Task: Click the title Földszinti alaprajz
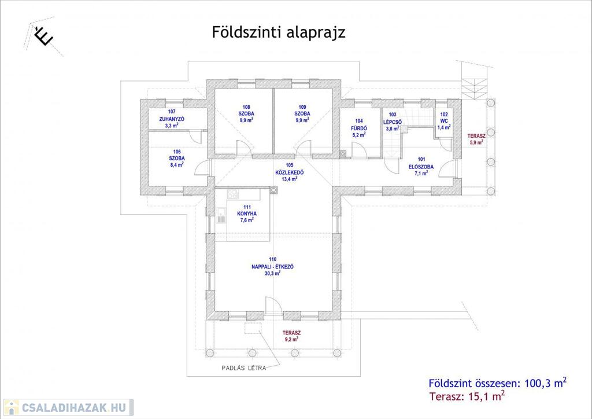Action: (x=279, y=32)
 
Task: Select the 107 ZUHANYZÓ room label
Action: (x=171, y=118)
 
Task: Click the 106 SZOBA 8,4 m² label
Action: (x=176, y=158)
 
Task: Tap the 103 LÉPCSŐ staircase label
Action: (x=393, y=122)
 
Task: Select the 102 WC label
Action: (x=443, y=121)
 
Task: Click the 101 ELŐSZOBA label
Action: (x=421, y=166)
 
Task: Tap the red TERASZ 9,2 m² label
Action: (x=290, y=336)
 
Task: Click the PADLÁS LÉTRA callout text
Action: (x=244, y=368)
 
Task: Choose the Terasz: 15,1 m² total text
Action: (x=467, y=396)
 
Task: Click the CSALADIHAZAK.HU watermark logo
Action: (x=68, y=407)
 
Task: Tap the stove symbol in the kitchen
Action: (x=234, y=194)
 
